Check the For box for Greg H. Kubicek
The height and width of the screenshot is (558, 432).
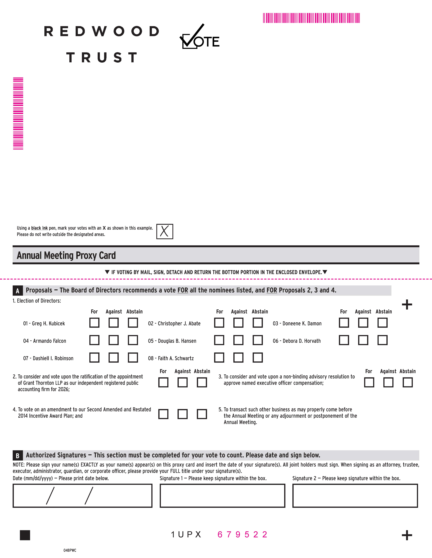tap(94, 323)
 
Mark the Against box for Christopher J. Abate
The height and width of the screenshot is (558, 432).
tap(238, 323)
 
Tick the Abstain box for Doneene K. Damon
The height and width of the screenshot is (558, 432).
tap(382, 323)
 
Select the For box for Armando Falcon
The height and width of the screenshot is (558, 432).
tap(94, 340)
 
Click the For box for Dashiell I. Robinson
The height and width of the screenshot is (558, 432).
tap(94, 357)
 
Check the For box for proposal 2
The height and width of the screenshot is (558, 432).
tap(163, 382)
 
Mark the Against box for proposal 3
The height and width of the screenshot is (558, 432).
tap(388, 382)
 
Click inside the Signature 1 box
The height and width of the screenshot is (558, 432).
tap(222, 496)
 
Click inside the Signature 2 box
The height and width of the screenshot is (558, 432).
tap(355, 496)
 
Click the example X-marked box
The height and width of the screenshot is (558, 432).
tap(165, 231)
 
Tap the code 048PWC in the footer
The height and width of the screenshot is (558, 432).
tap(70, 550)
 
